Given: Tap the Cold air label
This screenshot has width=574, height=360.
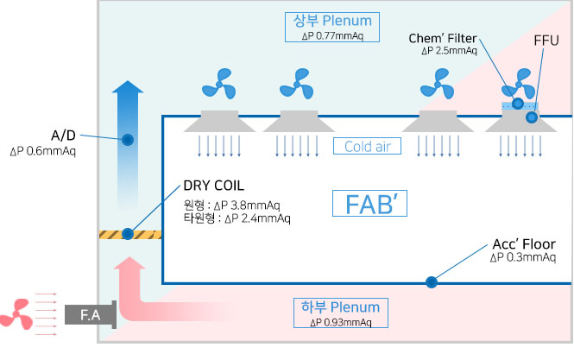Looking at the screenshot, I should coord(369,147).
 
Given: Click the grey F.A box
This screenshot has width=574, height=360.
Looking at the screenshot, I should coord(90,316).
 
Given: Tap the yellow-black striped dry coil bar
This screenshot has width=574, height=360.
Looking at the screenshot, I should coord(129,233).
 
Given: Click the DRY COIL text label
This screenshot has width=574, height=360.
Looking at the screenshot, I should coord(213,186).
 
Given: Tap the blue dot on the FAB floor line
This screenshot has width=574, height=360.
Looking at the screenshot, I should coord(430,281).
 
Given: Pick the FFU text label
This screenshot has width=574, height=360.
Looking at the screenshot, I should coord(544,41).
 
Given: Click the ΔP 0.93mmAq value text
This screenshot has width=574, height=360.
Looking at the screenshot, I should coord(341,323).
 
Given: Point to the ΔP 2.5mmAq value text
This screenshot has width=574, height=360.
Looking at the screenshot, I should coord(449,51).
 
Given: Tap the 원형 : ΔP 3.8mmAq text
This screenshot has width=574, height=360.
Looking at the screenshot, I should coord(231,205).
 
